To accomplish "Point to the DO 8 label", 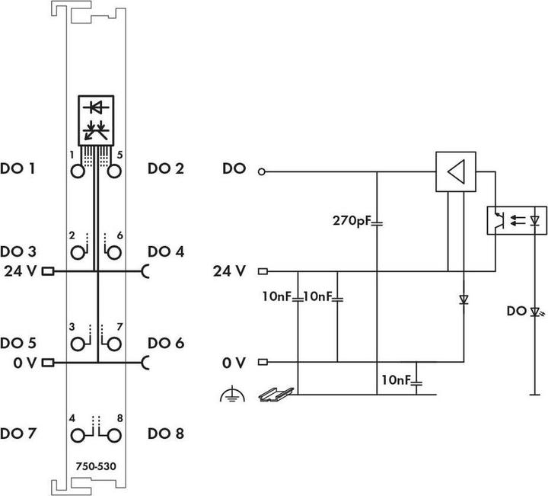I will (x=166, y=434).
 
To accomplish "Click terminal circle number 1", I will (x=78, y=171).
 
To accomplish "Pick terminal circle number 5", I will (x=113, y=171).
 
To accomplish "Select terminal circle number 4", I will (x=78, y=435).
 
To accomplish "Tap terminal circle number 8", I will (x=113, y=435).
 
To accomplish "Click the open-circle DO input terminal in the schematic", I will (x=263, y=171).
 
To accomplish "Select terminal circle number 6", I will (x=113, y=253).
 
